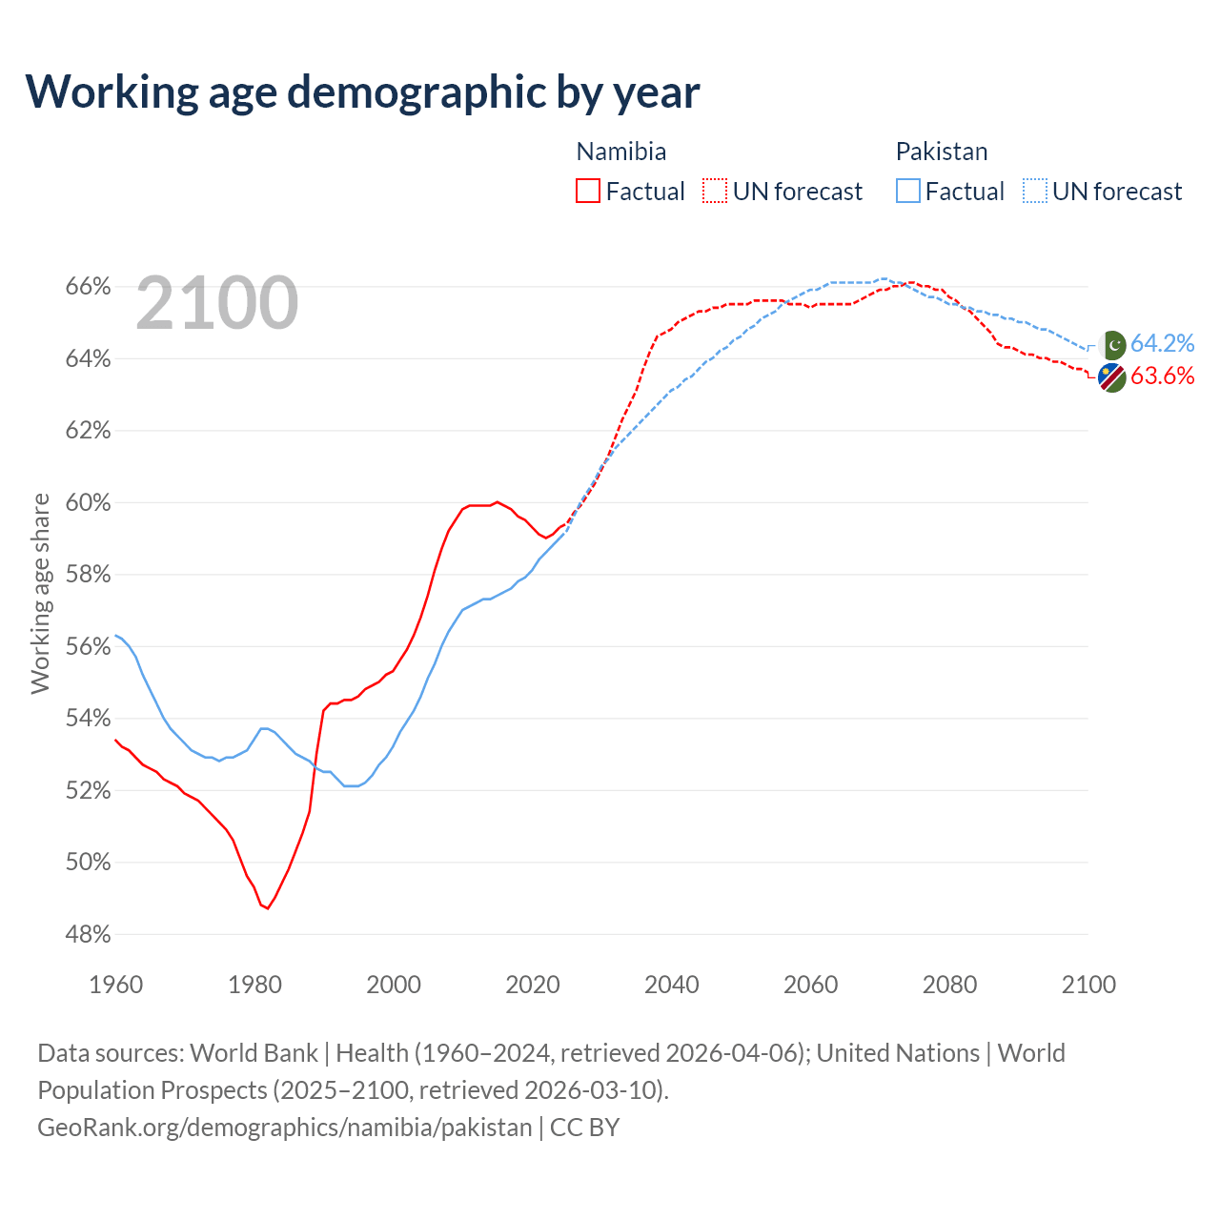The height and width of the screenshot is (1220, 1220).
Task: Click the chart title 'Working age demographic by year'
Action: [x=362, y=91]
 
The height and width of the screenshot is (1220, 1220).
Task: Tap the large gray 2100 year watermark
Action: [x=217, y=303]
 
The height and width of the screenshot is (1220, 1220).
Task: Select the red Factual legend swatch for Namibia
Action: [x=588, y=192]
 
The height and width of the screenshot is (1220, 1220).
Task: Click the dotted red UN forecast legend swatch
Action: [x=715, y=192]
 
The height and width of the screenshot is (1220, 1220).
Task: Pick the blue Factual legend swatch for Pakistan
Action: [x=908, y=192]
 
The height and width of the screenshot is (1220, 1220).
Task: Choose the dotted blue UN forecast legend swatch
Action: [x=1035, y=192]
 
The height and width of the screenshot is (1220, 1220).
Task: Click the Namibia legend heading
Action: [x=621, y=152]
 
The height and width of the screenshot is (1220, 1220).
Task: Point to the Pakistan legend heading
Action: [x=942, y=152]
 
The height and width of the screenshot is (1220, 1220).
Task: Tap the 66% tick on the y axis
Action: [x=88, y=287]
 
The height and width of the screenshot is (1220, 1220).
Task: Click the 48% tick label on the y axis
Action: [x=88, y=935]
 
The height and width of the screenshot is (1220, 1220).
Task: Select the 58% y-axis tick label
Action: [x=88, y=575]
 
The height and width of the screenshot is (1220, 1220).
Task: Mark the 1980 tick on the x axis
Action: [x=254, y=985]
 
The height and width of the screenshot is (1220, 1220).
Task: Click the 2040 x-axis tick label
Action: [x=671, y=985]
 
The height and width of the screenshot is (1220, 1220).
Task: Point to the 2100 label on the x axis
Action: [x=1088, y=985]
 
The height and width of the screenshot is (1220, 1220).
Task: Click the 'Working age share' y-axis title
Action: [x=40, y=593]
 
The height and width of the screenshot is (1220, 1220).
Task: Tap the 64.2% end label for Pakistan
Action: [x=1162, y=344]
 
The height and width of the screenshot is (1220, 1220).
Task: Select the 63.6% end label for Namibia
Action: [x=1162, y=376]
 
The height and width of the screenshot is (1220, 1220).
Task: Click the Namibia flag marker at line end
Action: [x=1111, y=377]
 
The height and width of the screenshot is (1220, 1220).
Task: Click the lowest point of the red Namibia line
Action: [x=268, y=908]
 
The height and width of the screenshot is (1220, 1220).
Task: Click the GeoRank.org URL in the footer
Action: [x=284, y=1128]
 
